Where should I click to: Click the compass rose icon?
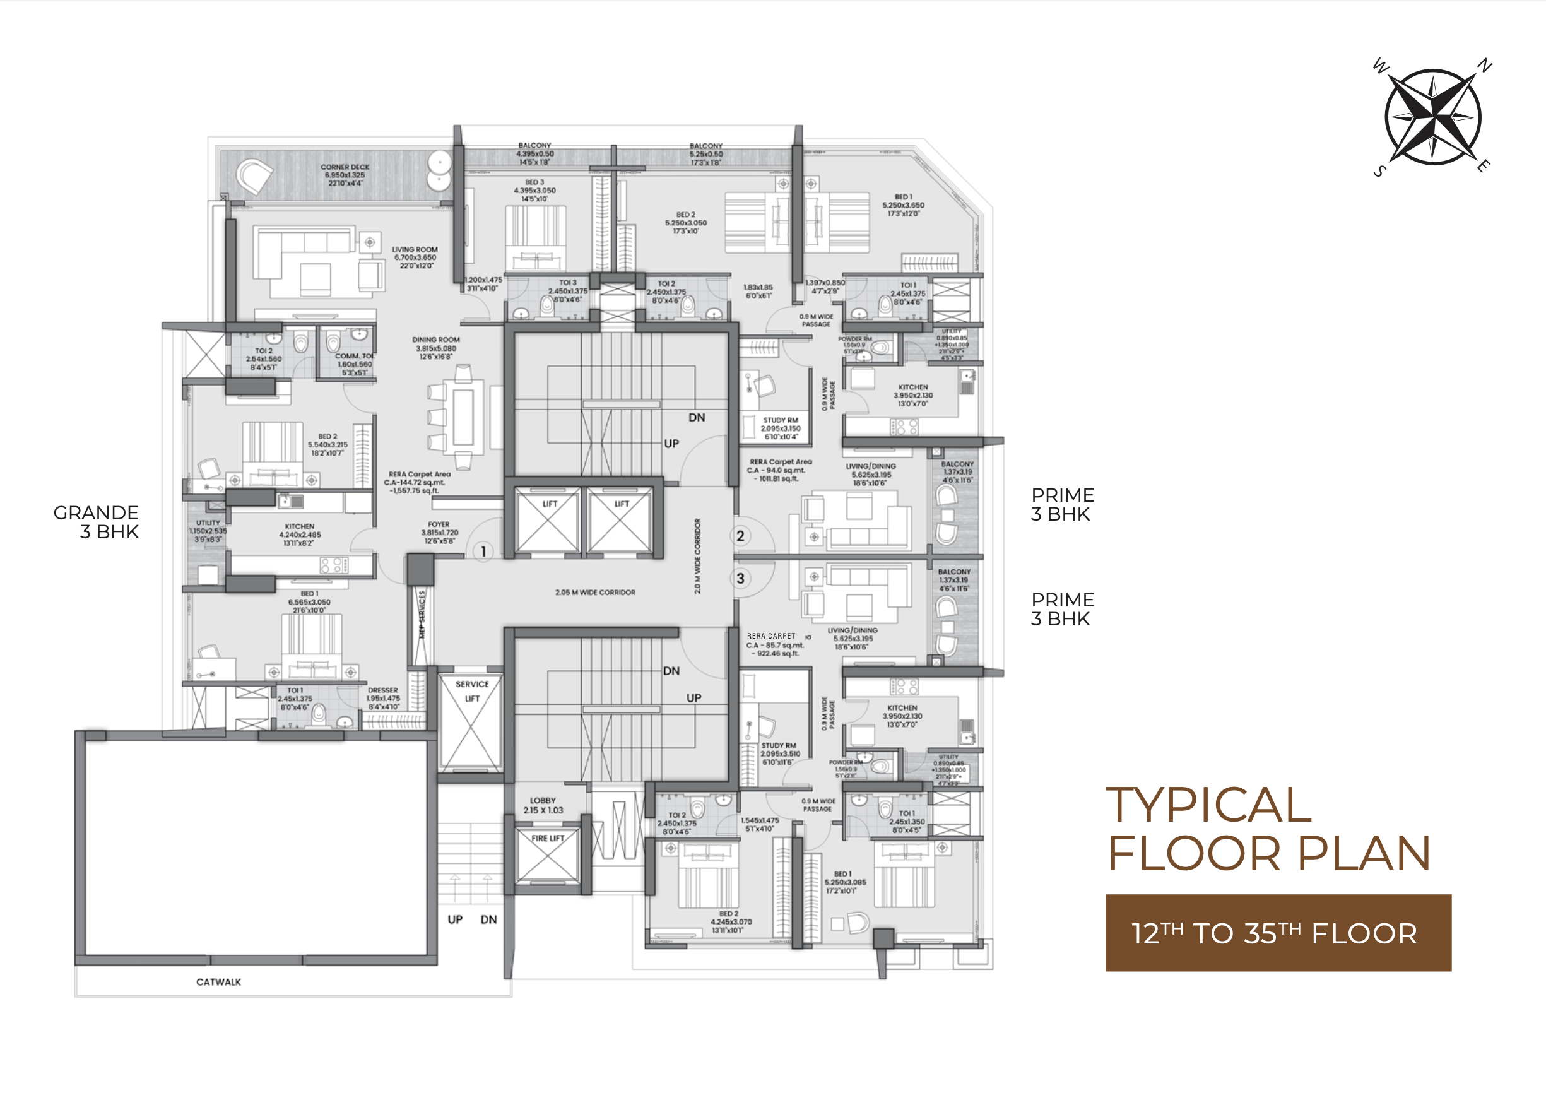coord(1432,117)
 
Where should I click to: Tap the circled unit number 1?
coord(483,552)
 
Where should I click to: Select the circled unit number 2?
coord(740,536)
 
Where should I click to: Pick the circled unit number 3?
coord(740,579)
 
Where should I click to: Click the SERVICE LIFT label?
coord(472,691)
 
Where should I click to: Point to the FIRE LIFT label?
coord(548,839)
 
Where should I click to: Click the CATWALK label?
coord(218,982)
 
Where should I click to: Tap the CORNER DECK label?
coord(345,174)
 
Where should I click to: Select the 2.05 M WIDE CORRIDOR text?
coord(594,593)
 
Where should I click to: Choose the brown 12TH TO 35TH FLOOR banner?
coord(1277,933)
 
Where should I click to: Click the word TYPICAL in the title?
coord(1208,805)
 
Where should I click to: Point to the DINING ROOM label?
coord(435,348)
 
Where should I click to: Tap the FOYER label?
coord(439,532)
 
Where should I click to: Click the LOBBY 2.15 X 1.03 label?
coord(543,805)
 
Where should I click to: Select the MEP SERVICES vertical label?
coord(422,613)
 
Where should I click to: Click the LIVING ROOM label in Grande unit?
coord(415,257)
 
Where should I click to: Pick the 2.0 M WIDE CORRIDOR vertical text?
coord(697,555)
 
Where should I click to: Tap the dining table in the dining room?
coord(463,417)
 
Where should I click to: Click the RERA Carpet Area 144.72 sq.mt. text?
coord(418,482)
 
